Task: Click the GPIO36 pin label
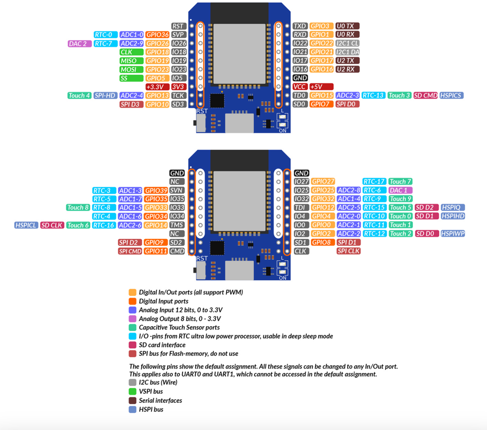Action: click(x=157, y=35)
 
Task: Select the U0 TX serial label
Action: click(x=348, y=26)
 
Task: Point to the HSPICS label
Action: click(x=451, y=96)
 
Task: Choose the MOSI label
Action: click(x=129, y=69)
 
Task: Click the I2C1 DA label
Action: click(x=348, y=52)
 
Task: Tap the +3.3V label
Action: click(x=157, y=86)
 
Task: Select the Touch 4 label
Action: click(x=79, y=96)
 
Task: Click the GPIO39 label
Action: click(x=156, y=190)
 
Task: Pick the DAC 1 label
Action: click(x=400, y=190)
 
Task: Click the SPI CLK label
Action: click(x=348, y=251)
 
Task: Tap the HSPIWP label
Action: click(x=452, y=234)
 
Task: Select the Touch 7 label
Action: click(x=400, y=181)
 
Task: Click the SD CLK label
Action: click(x=52, y=225)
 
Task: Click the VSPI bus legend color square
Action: click(x=132, y=391)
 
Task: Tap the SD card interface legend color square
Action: click(x=132, y=345)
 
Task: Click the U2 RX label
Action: click(x=348, y=69)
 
